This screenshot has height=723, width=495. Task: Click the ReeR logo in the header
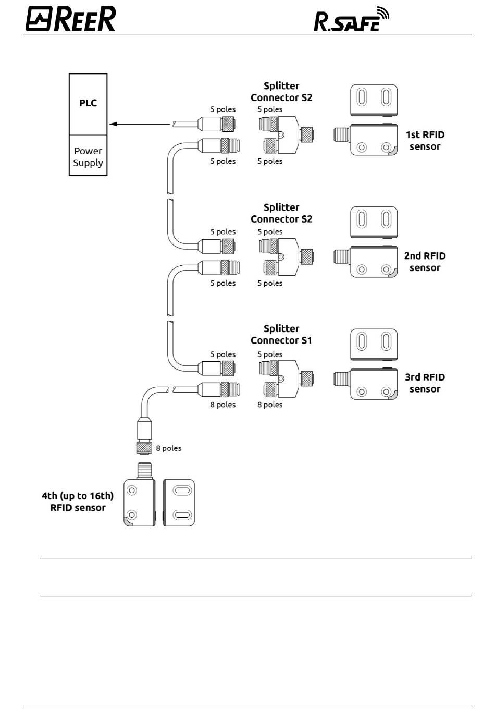tap(71, 19)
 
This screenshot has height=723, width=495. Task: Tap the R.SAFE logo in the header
tap(351, 19)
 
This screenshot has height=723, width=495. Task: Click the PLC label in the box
tap(88, 103)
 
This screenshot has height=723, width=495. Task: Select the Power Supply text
tap(88, 157)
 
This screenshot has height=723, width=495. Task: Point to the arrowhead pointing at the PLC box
tap(113, 124)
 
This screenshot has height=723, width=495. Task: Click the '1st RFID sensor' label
tap(425, 140)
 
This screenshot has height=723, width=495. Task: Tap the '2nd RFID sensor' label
tap(425, 262)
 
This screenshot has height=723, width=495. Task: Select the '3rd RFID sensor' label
tap(425, 383)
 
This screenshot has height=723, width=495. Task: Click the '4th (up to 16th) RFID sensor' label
tap(78, 501)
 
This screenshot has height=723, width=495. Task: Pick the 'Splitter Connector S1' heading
tap(281, 334)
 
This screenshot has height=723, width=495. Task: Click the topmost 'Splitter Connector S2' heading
tap(281, 92)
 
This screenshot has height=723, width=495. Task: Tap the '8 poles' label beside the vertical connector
tap(169, 448)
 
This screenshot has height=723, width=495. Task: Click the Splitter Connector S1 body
tap(286, 378)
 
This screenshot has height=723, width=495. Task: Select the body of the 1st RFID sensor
tap(374, 139)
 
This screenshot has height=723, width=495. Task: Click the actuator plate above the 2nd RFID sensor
tap(374, 223)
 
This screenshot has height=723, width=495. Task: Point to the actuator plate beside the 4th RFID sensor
tap(179, 503)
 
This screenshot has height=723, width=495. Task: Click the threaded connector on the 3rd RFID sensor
tap(342, 378)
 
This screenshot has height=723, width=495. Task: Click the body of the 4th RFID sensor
tap(140, 503)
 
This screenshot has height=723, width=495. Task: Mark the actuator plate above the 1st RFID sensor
tap(374, 101)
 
